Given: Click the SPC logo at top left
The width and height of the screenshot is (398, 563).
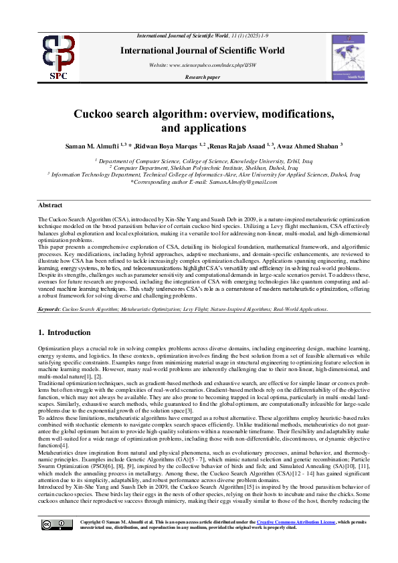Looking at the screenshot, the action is point(58,57).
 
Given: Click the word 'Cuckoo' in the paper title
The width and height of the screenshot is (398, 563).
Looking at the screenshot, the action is point(120,114).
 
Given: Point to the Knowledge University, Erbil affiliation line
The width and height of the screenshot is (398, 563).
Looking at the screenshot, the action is point(199,161).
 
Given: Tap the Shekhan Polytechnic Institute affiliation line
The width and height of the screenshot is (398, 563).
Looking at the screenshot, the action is point(199,168).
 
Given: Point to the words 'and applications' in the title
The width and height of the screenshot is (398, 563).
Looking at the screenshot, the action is point(199,127).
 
